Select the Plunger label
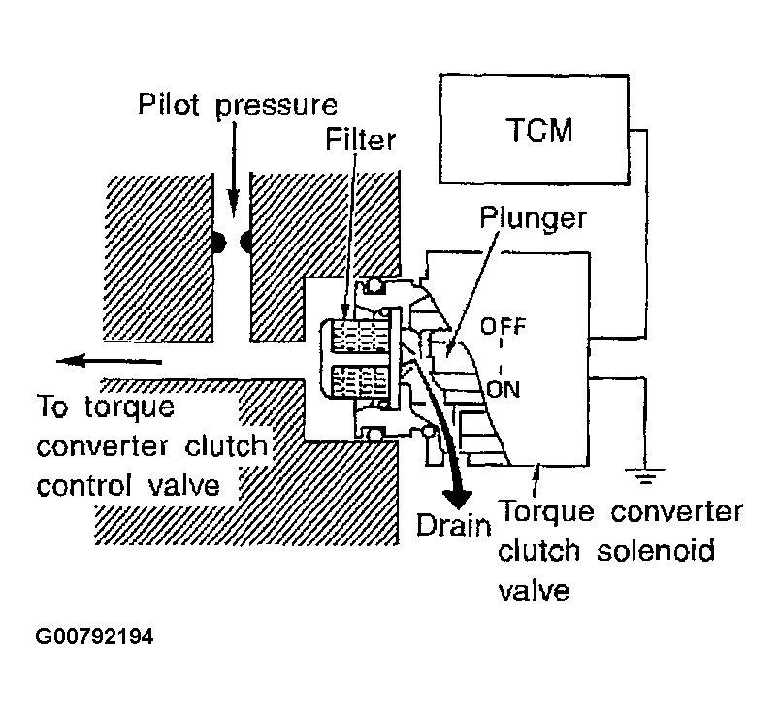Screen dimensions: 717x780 tap(533, 217)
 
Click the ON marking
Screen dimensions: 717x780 tap(504, 389)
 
